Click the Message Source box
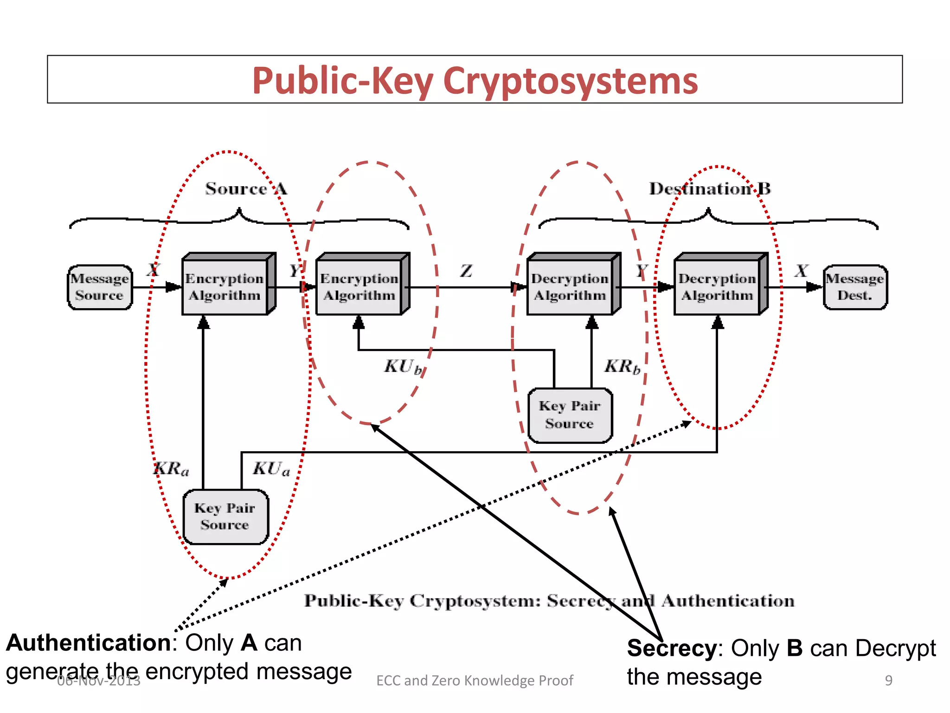100,287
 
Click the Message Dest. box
855,287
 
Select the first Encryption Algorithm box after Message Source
225,287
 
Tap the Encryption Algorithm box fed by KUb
359,287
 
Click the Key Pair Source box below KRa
225,516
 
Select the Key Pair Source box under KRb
570,415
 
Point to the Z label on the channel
466,271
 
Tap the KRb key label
622,367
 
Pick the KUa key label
271,469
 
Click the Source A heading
246,188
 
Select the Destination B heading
710,188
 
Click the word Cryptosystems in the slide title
570,81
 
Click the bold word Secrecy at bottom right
672,648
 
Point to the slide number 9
888,680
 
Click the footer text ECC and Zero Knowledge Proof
475,680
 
